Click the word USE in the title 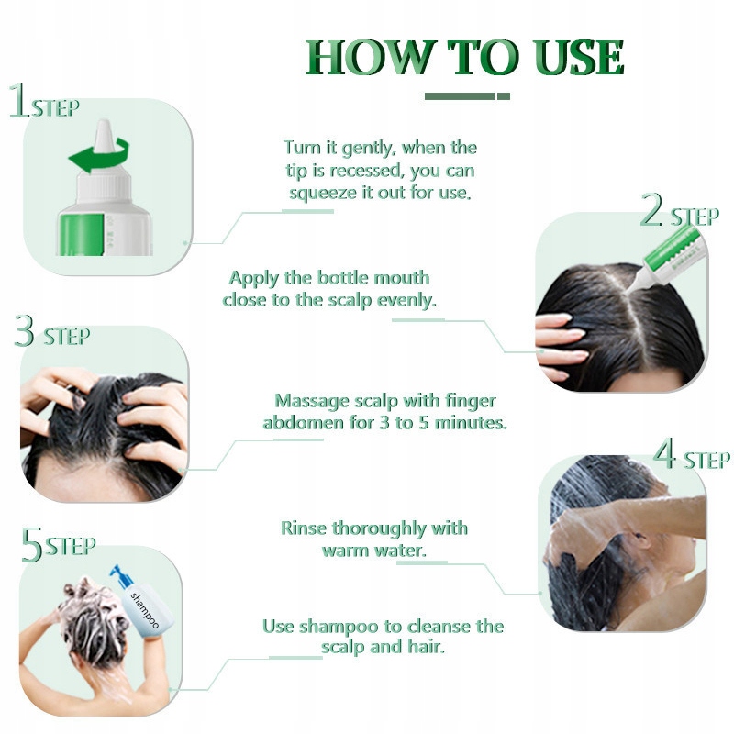tap(578, 57)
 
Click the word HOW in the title tap(369, 57)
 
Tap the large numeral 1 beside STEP tap(19, 100)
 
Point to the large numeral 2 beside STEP tap(651, 209)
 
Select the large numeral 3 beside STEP tap(25, 330)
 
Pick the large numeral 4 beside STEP tap(664, 452)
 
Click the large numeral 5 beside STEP tap(32, 545)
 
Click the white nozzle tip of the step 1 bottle tap(105, 135)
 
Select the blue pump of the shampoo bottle tap(121, 576)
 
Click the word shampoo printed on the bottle tap(144, 610)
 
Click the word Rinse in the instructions tap(304, 528)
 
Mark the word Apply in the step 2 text tap(254, 279)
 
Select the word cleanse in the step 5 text tap(438, 627)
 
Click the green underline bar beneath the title tap(467, 96)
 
